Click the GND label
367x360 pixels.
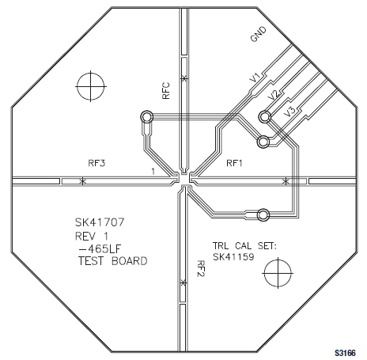[259, 34]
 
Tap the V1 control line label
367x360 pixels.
[255, 78]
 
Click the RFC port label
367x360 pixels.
[166, 91]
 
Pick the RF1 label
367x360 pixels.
[234, 163]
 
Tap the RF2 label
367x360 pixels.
[201, 268]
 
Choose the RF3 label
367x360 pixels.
[96, 163]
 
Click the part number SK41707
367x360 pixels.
[100, 222]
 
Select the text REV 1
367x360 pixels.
[92, 236]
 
